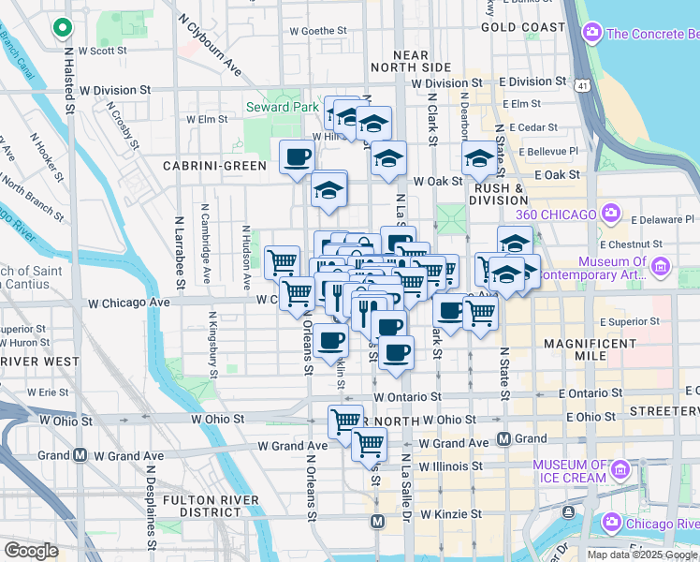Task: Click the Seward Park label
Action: [282, 107]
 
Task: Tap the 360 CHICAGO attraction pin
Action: [614, 213]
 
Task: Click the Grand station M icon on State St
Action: [503, 438]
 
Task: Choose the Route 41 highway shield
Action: [583, 85]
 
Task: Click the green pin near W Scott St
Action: [63, 29]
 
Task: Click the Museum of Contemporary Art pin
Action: [661, 268]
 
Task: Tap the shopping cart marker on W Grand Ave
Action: [369, 443]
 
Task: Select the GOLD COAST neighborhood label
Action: [522, 28]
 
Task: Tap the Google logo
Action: [31, 551]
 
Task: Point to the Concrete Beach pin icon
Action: [591, 34]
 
